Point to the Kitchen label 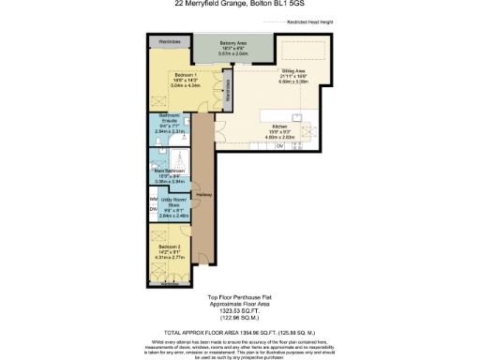[280, 126]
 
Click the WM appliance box [153, 199]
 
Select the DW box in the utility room [153, 210]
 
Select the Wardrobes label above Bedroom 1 [169, 42]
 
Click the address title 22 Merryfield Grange [238, 4]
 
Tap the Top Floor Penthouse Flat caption [238, 298]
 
